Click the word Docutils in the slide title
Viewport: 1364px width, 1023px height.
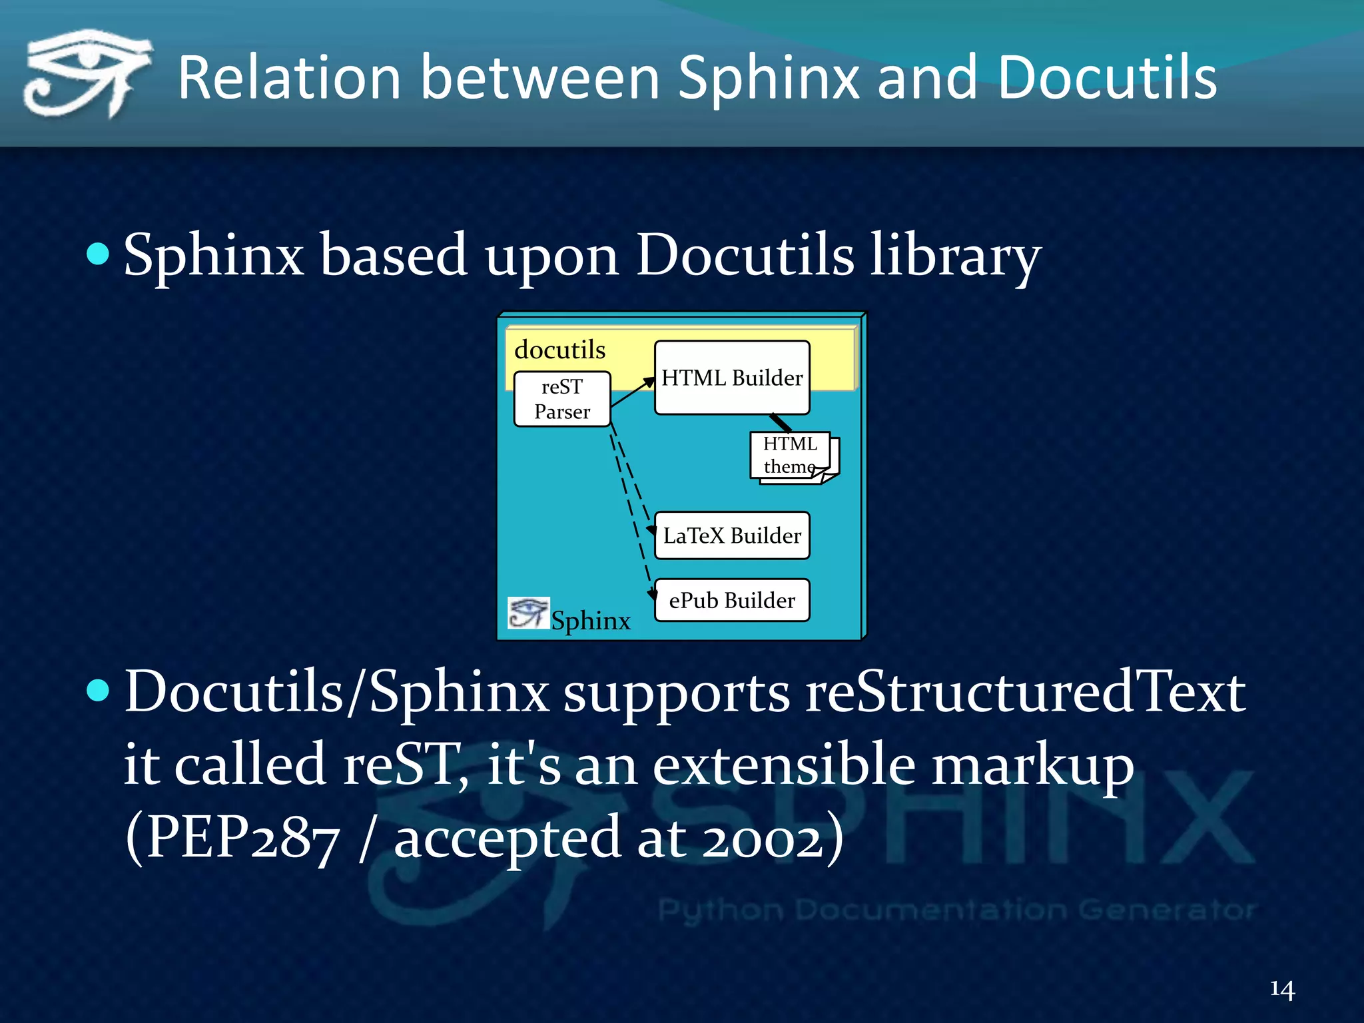(x=1106, y=79)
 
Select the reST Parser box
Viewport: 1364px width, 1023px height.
(x=562, y=399)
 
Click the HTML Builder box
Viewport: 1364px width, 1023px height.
(x=732, y=378)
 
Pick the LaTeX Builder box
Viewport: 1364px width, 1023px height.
(x=732, y=535)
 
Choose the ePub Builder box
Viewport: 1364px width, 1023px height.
(x=732, y=600)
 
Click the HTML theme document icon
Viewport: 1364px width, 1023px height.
(x=793, y=456)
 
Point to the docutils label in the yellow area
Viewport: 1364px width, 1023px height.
(x=559, y=350)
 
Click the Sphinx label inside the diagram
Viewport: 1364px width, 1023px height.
(x=591, y=620)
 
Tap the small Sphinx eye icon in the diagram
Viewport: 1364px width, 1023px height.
(x=528, y=613)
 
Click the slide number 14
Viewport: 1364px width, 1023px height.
(x=1281, y=989)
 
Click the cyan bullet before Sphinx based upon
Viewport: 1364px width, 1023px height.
(x=98, y=254)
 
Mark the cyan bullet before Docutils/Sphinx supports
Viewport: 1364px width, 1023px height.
(x=98, y=691)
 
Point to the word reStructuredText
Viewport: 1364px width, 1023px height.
(x=1025, y=693)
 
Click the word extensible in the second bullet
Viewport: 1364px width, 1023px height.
(x=784, y=765)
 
